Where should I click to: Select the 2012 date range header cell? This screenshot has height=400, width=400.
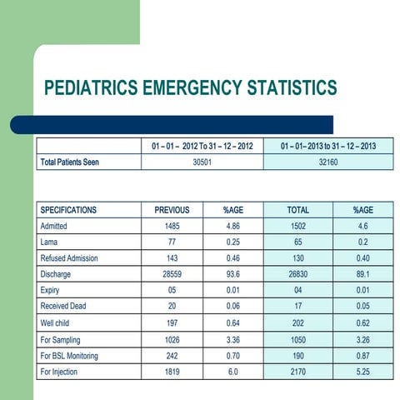[x=202, y=147]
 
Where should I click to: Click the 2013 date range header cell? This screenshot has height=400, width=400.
[x=327, y=147]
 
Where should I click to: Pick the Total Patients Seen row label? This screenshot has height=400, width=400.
[x=70, y=162]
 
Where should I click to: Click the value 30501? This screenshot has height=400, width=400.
[x=202, y=162]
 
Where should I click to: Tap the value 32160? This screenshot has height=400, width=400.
[x=327, y=162]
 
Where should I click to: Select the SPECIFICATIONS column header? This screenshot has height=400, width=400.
[x=68, y=210]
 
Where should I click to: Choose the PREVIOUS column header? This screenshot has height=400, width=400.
[x=172, y=210]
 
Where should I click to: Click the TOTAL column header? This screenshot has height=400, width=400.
[x=297, y=210]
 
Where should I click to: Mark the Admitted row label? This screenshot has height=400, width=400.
[x=56, y=226]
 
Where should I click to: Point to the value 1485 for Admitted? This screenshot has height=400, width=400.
[x=172, y=226]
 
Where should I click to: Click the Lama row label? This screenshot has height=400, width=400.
[x=50, y=242]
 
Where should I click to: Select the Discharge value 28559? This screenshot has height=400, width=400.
[x=172, y=273]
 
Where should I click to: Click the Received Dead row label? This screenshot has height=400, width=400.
[x=66, y=305]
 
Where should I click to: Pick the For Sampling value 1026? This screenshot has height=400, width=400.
[x=172, y=337]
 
